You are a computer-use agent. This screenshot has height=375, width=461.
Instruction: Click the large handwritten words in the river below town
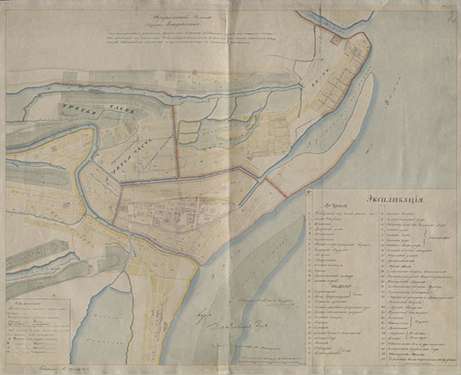click(x=235, y=327)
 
